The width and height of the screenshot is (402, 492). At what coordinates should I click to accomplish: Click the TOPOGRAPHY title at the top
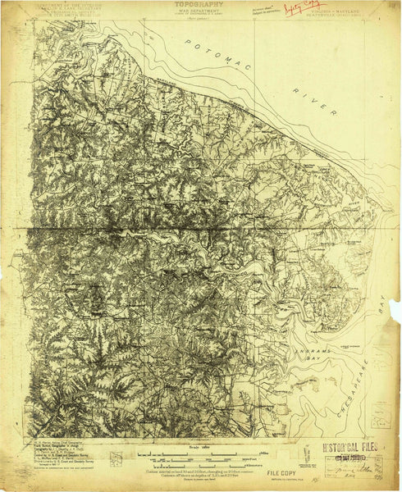coord(200,4)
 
